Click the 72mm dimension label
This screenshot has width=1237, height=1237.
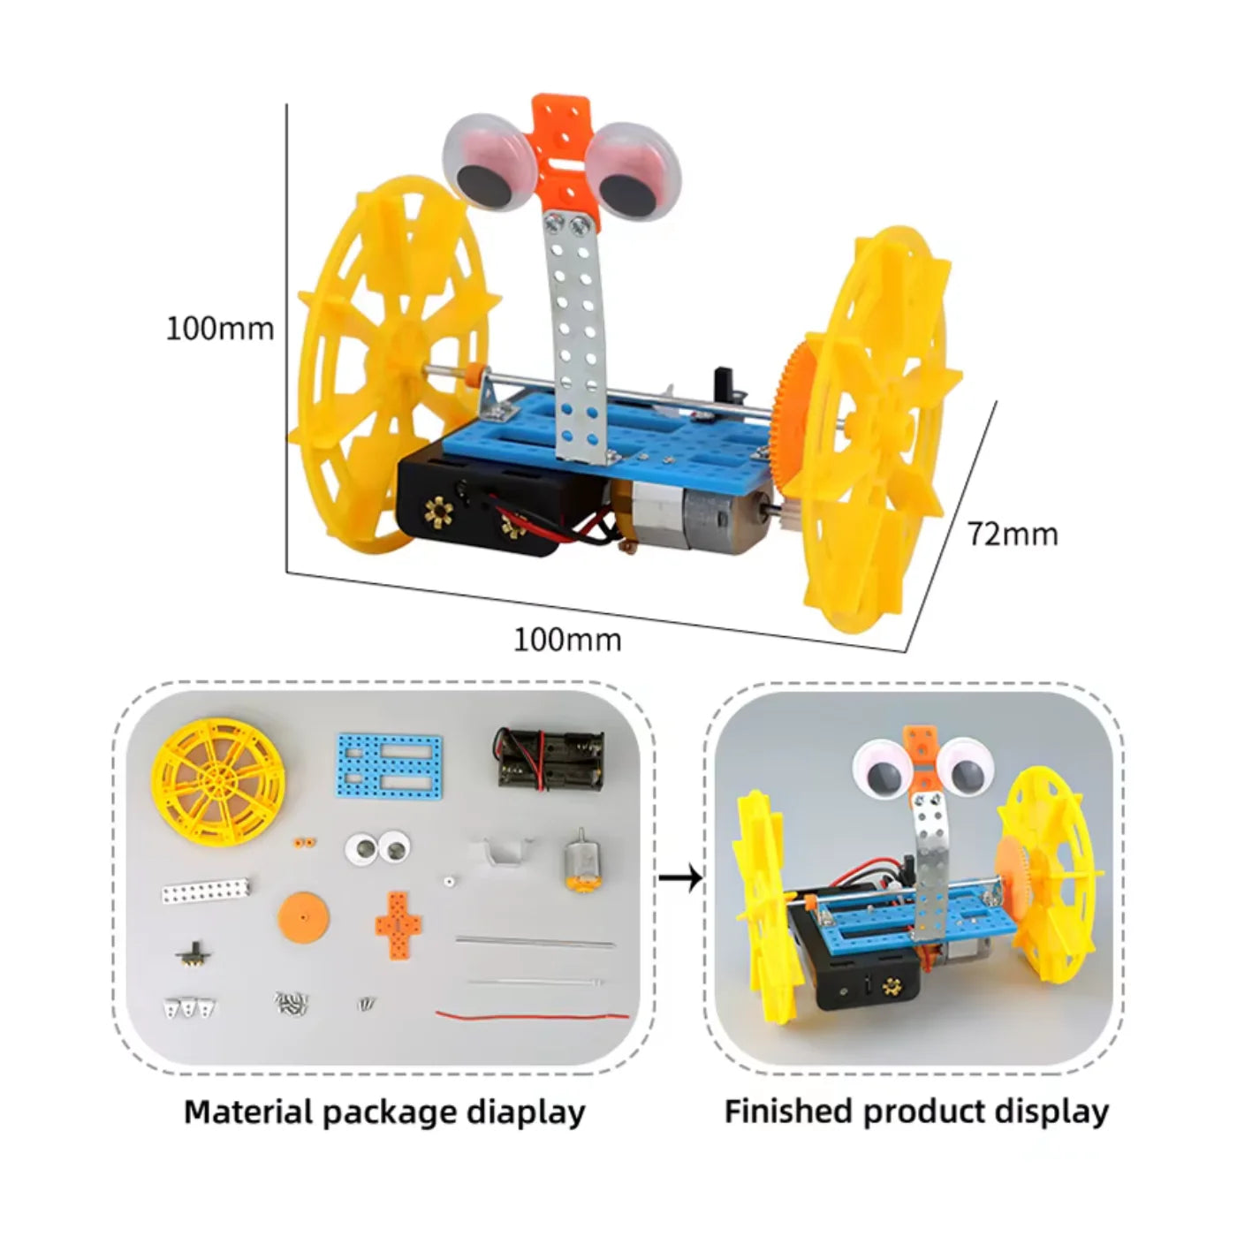point(1012,534)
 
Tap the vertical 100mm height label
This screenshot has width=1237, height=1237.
point(220,329)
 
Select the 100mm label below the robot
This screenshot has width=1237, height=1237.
point(567,639)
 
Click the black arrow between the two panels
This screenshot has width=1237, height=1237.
point(681,877)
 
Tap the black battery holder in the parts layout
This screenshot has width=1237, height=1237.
point(549,758)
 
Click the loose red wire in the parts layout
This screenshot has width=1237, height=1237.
point(532,1014)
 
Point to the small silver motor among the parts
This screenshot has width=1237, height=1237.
point(580,861)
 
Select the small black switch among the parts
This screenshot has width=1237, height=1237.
point(196,956)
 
